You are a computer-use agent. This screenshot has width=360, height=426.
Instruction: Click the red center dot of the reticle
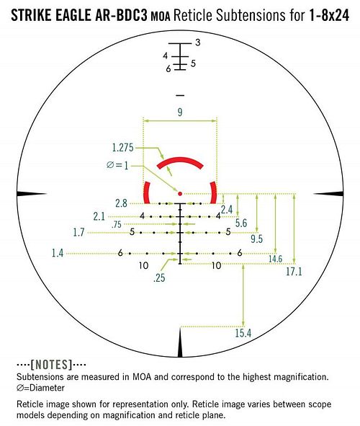pyautogui.click(x=180, y=194)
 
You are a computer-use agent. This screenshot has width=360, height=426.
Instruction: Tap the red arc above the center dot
pyautogui.click(x=180, y=160)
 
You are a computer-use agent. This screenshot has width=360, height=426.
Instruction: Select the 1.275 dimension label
pyautogui.click(x=123, y=148)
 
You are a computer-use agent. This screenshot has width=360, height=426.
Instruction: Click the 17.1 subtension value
pyautogui.click(x=294, y=271)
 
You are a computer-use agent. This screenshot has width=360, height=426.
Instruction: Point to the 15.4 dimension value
pyautogui.click(x=243, y=333)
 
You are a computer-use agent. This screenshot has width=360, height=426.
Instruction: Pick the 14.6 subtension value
pyautogui.click(x=275, y=259)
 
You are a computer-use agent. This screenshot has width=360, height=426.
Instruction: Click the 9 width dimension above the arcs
pyautogui.click(x=180, y=112)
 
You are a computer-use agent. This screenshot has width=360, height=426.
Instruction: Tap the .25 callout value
pyautogui.click(x=159, y=278)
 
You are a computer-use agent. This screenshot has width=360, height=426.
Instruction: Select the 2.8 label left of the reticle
pyautogui.click(x=121, y=203)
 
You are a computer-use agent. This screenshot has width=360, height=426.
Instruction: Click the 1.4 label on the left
pyautogui.click(x=58, y=253)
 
